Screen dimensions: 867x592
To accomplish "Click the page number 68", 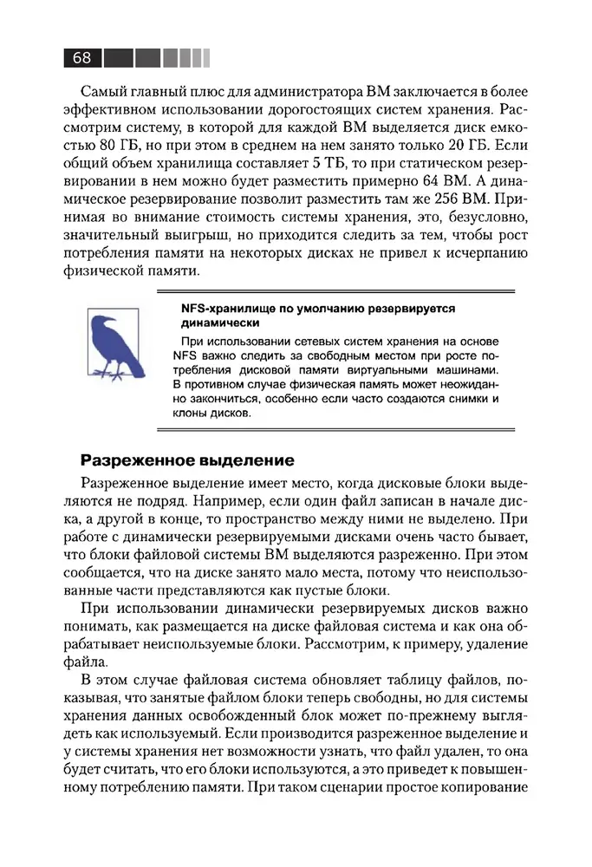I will point(82,57).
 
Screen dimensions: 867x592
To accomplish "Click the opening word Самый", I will point(101,90).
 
